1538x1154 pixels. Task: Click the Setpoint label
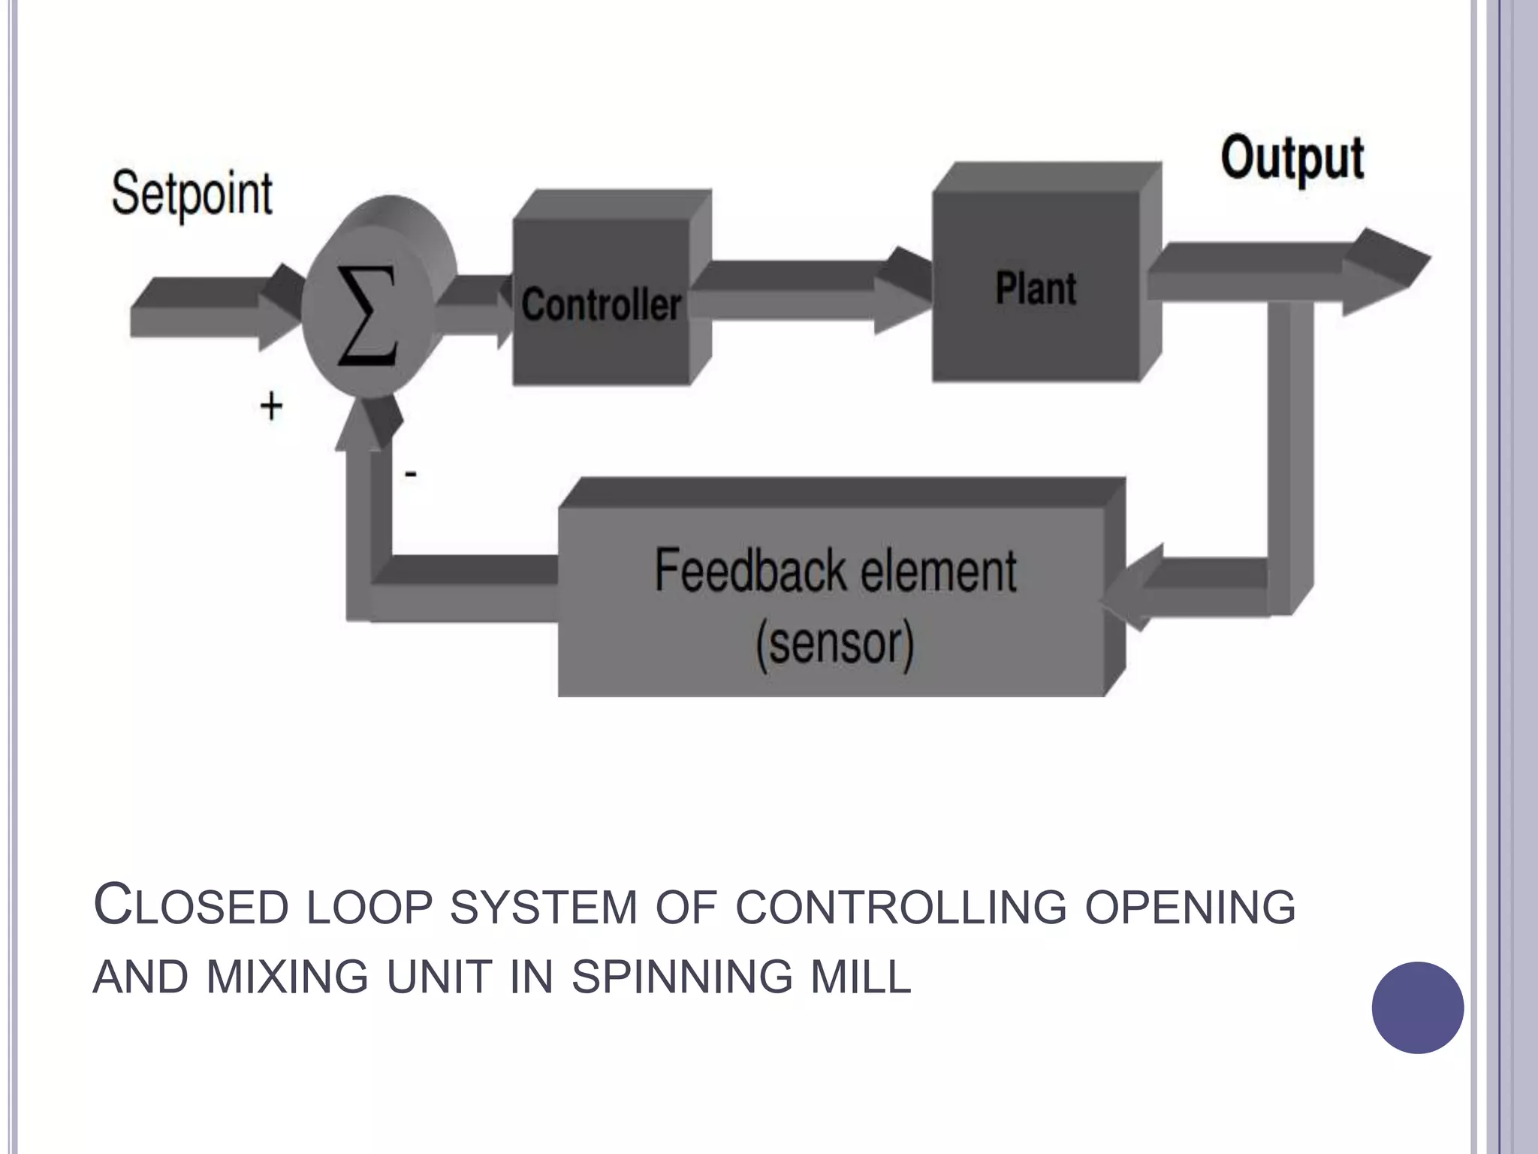[x=192, y=194]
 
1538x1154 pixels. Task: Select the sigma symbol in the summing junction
[x=368, y=316]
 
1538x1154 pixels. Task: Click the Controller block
[x=601, y=304]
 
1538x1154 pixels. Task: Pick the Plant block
[x=1036, y=288]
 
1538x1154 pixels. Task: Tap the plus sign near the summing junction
[x=271, y=406]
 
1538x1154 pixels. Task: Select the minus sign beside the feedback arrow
[x=411, y=474]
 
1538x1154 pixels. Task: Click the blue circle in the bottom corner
[x=1417, y=1007]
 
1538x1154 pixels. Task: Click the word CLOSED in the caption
[x=191, y=906]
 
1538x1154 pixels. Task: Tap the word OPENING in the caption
[x=1190, y=908]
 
